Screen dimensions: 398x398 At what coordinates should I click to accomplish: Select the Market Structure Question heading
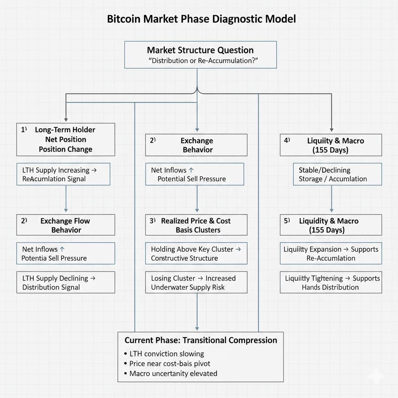point(200,50)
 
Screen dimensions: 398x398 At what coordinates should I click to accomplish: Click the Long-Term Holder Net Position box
point(66,140)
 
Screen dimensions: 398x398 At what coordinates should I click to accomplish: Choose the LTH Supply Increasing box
point(63,174)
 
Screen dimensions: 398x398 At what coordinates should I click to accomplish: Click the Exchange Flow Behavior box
point(66,225)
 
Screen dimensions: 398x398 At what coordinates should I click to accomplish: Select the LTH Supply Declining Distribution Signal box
point(66,283)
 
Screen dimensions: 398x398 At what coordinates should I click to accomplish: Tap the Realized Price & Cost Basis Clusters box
point(196,225)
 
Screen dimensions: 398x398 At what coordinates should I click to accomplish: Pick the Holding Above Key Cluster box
point(196,253)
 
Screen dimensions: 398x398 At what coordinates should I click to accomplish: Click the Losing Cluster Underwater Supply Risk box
point(196,283)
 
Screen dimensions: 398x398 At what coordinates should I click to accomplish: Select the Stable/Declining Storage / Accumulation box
point(331,174)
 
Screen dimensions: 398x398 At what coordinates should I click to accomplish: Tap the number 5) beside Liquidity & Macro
point(287,221)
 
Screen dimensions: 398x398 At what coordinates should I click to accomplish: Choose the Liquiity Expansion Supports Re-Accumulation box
point(331,253)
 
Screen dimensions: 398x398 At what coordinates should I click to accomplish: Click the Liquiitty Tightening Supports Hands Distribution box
point(331,283)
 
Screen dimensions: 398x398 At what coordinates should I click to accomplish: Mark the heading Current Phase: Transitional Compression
point(201,340)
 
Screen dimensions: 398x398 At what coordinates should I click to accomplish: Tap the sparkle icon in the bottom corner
point(376,376)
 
